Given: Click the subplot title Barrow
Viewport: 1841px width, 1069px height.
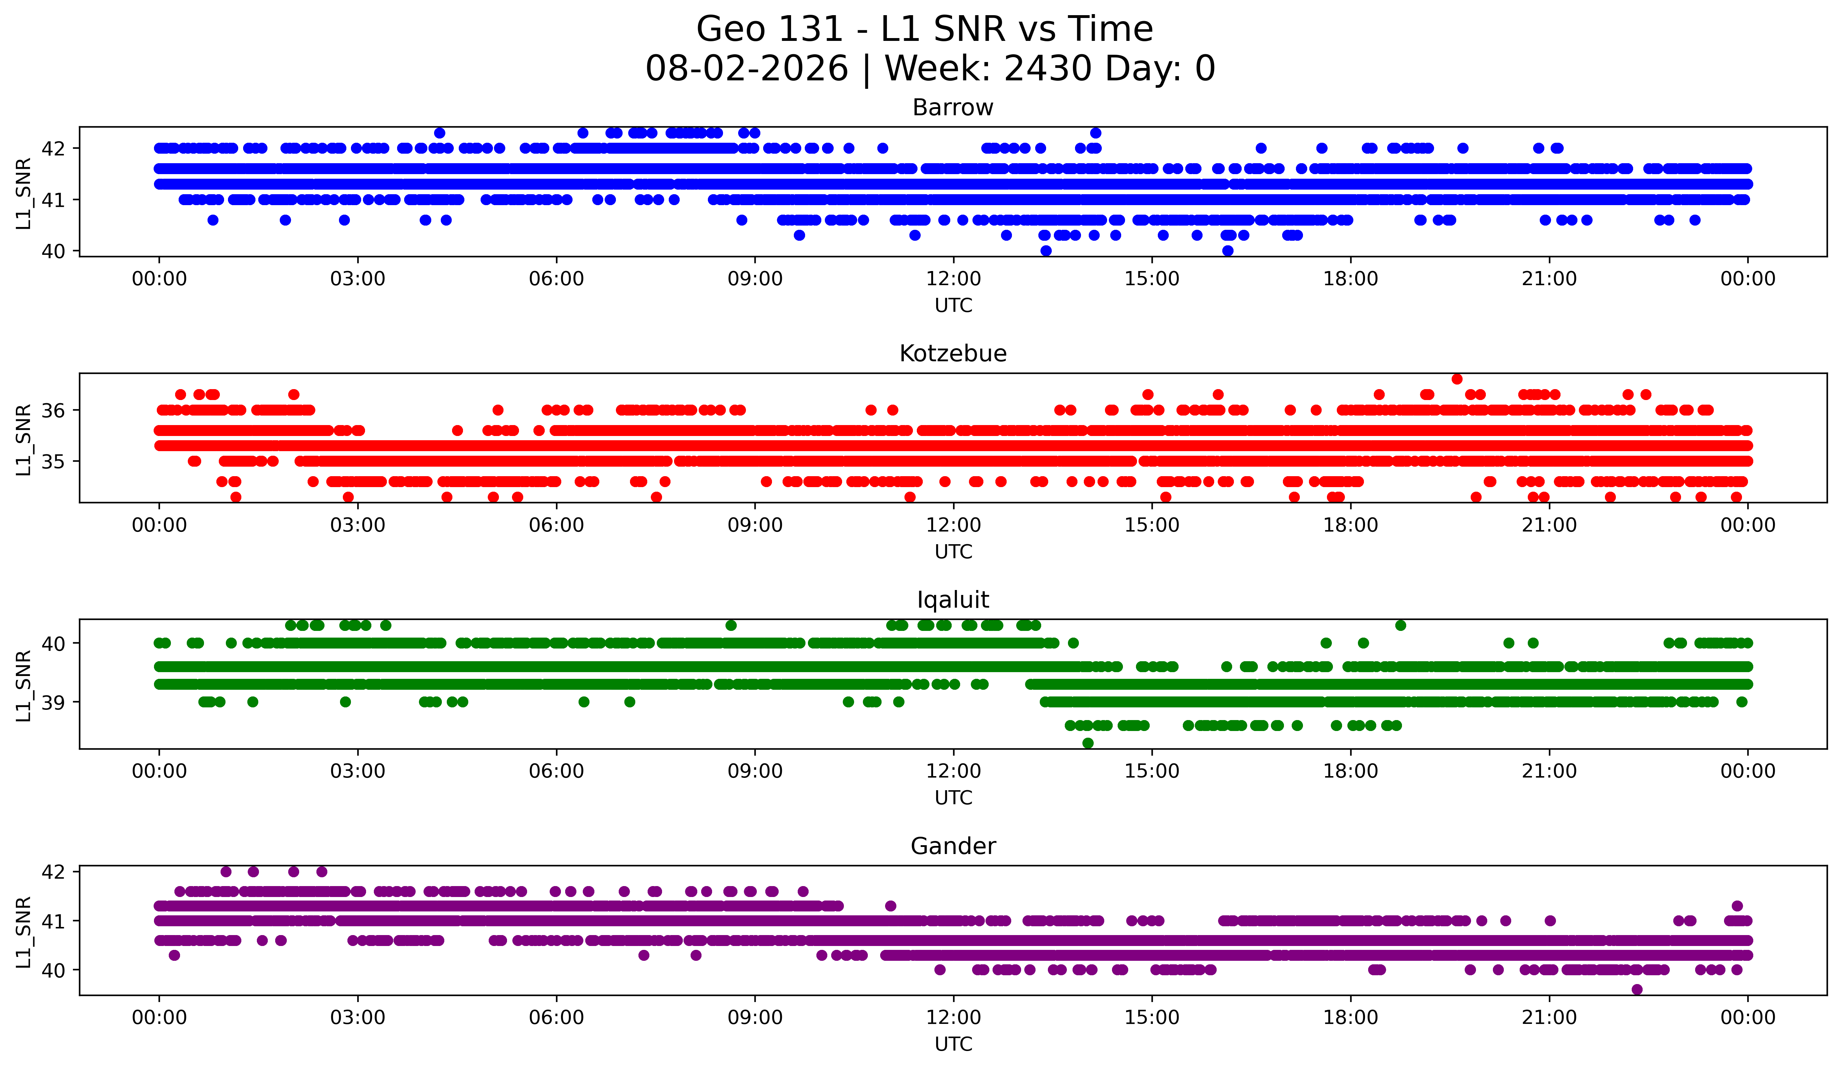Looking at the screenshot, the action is pyautogui.click(x=953, y=107).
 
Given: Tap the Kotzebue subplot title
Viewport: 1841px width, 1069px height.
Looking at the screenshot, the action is pyautogui.click(x=953, y=354).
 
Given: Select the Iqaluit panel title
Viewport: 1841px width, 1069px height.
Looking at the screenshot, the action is pyautogui.click(x=953, y=600).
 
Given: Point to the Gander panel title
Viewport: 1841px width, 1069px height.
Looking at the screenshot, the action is pyautogui.click(x=953, y=846).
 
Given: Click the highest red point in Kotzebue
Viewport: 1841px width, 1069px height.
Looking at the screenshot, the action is pyautogui.click(x=1457, y=379).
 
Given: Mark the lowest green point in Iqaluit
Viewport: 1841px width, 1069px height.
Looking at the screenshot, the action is pyautogui.click(x=1088, y=743).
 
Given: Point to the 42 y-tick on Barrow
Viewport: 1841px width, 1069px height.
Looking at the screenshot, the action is pyautogui.click(x=53, y=148).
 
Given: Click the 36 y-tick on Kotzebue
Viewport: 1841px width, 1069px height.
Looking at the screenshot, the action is pyautogui.click(x=53, y=411).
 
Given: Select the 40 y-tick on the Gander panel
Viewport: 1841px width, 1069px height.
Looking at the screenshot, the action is pyautogui.click(x=53, y=970).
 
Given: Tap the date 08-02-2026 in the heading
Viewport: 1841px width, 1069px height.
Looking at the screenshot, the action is pyautogui.click(x=747, y=69).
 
